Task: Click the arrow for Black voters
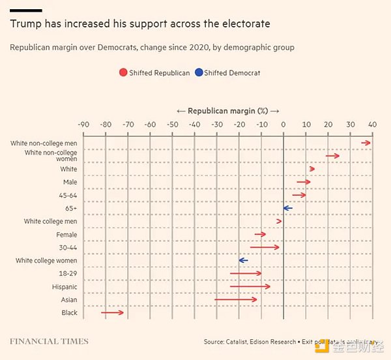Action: [112, 313]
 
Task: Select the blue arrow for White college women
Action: [243, 260]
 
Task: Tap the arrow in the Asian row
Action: [236, 299]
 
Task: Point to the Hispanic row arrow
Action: [250, 286]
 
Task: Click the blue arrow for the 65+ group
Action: [287, 208]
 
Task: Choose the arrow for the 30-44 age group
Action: [265, 247]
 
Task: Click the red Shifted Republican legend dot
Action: [123, 72]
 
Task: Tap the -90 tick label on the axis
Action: [83, 124]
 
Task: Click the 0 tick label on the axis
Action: [283, 124]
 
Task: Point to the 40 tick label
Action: [373, 124]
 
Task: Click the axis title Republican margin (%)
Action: [228, 111]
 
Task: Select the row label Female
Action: [66, 234]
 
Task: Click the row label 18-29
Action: [68, 273]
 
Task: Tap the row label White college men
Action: [50, 221]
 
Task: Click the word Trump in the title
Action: [24, 24]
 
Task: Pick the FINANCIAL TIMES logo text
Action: [49, 341]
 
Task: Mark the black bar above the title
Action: [27, 10]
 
